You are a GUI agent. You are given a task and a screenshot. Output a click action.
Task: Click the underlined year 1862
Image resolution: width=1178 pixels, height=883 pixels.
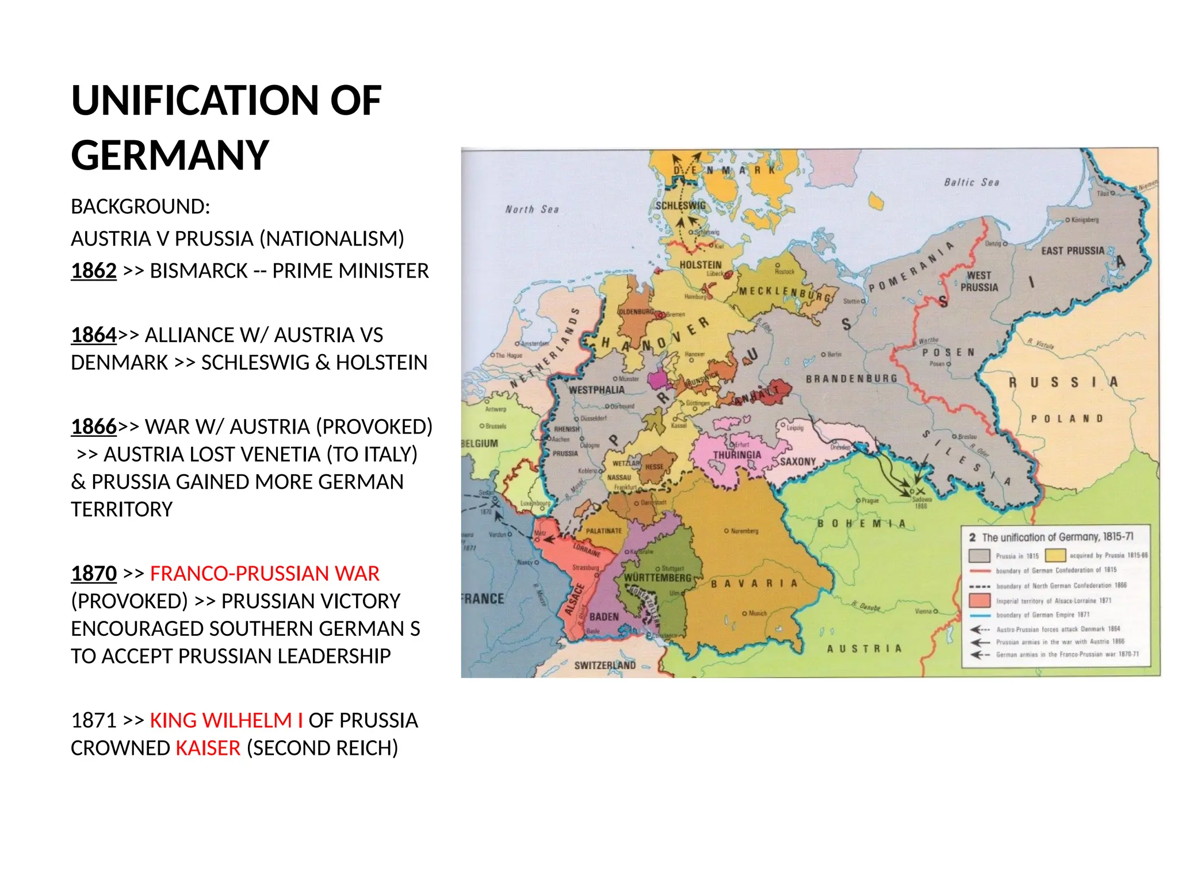(x=93, y=271)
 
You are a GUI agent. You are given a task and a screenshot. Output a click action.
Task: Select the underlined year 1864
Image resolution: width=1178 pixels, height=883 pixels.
(x=93, y=335)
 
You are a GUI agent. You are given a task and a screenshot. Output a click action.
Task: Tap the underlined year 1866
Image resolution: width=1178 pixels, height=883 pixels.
(x=93, y=427)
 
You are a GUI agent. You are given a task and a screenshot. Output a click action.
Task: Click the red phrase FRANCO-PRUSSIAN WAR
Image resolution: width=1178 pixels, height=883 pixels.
(x=265, y=574)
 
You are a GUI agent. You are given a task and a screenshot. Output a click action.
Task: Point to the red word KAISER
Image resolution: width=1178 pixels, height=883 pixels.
(x=208, y=748)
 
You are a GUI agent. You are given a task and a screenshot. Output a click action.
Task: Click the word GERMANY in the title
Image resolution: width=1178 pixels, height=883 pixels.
(x=170, y=156)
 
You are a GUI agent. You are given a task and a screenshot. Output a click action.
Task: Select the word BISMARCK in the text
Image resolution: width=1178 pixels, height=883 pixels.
(x=198, y=271)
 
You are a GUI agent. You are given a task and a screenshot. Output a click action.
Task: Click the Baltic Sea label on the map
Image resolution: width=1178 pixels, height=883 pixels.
(x=971, y=182)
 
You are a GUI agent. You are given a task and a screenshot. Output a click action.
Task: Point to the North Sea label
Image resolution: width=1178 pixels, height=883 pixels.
(x=531, y=210)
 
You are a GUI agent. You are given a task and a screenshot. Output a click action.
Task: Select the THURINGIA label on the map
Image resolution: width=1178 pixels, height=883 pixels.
(x=737, y=455)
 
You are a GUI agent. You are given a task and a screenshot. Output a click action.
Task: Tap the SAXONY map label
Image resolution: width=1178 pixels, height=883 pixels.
(x=797, y=462)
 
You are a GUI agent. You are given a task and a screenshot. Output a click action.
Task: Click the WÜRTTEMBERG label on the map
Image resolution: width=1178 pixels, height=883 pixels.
(x=657, y=577)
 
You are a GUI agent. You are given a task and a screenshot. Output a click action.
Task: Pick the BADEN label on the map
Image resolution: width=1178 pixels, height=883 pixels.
(x=603, y=617)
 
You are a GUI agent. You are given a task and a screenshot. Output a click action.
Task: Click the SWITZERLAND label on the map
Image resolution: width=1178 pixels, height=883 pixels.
(x=605, y=665)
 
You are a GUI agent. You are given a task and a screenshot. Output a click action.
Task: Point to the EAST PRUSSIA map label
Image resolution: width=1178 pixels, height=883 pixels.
(x=1072, y=251)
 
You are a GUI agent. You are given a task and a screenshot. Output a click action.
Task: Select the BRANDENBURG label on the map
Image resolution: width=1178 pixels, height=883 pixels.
(x=851, y=379)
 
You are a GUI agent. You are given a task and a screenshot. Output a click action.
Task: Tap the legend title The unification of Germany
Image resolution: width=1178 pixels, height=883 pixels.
(x=1057, y=537)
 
